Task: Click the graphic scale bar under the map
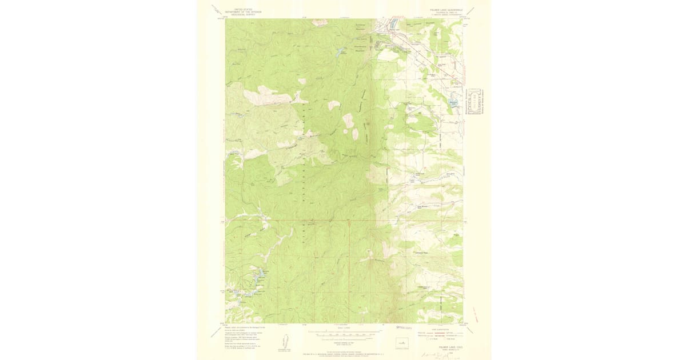344,330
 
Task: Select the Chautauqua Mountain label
360,48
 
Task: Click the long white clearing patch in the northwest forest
260,93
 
